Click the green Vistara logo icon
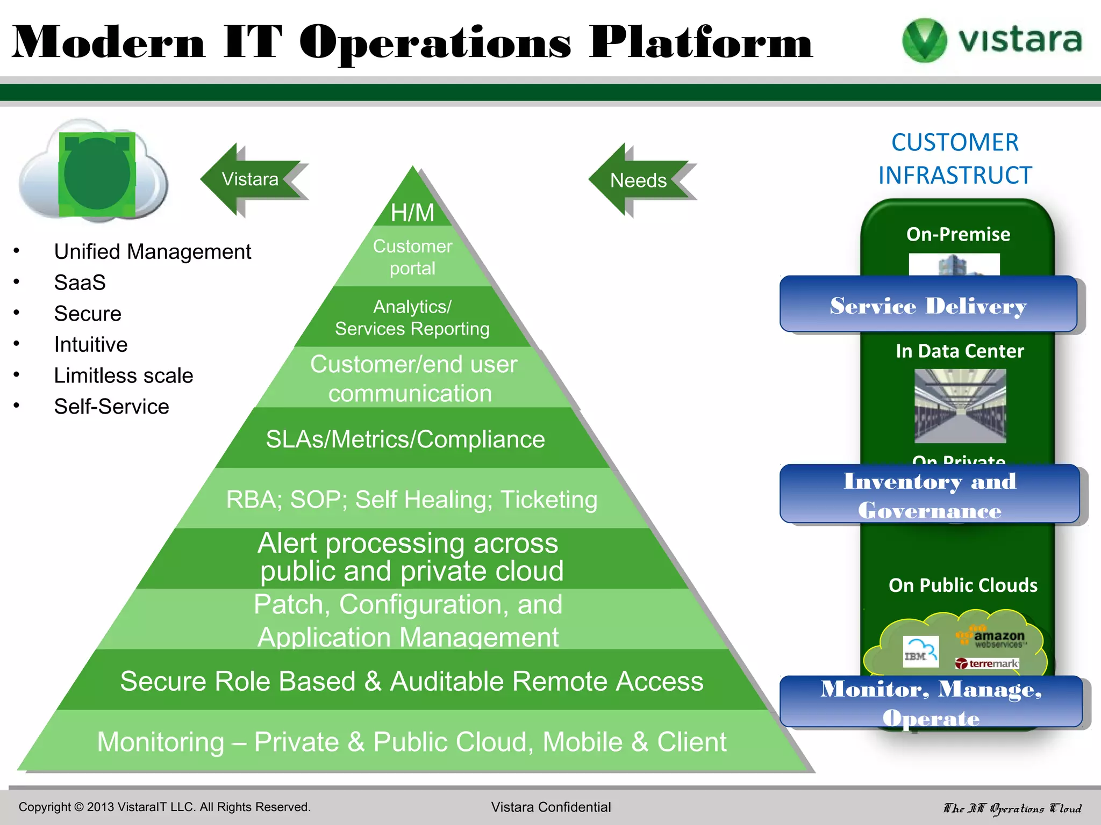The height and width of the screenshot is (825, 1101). (x=924, y=40)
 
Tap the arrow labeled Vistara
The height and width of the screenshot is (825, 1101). (x=251, y=179)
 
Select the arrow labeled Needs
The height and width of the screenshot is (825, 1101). (x=639, y=180)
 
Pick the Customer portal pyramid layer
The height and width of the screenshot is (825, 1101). (x=412, y=257)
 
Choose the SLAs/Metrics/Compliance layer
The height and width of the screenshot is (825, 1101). (x=405, y=439)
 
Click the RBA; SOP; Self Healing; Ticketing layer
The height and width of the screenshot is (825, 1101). (x=411, y=499)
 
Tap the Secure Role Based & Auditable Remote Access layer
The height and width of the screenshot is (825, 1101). (x=411, y=681)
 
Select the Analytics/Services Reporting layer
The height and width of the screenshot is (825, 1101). (x=412, y=317)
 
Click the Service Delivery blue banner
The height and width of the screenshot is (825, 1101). (x=928, y=305)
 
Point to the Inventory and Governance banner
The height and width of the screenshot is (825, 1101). (x=930, y=495)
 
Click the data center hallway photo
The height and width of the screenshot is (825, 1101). (x=960, y=406)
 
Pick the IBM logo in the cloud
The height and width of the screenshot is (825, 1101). (x=920, y=652)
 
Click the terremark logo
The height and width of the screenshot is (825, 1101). (x=988, y=664)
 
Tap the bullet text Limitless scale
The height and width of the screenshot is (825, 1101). (x=123, y=375)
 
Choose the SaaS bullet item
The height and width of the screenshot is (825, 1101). (x=80, y=283)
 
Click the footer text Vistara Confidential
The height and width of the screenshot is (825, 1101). (x=550, y=807)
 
